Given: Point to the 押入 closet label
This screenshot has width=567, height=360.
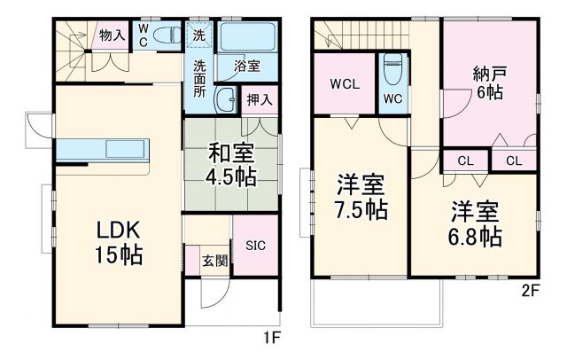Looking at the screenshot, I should [x=259, y=101].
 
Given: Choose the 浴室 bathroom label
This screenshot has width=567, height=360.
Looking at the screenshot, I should [x=246, y=65].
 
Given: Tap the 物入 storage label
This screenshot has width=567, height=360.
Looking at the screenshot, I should [x=111, y=35].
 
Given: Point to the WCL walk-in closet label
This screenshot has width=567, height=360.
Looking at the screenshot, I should [x=344, y=84].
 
